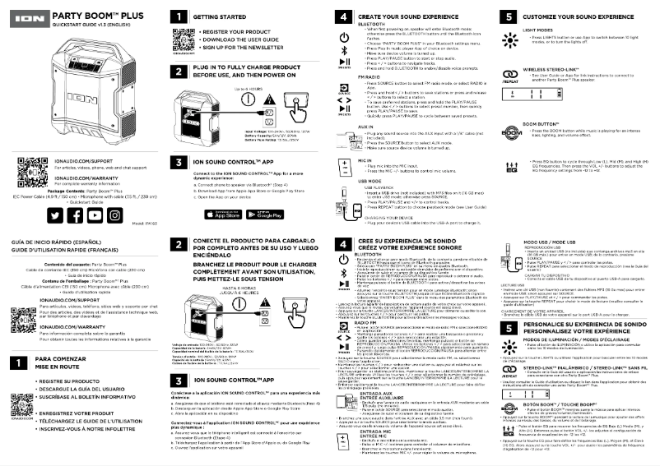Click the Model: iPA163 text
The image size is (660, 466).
[144, 223]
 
